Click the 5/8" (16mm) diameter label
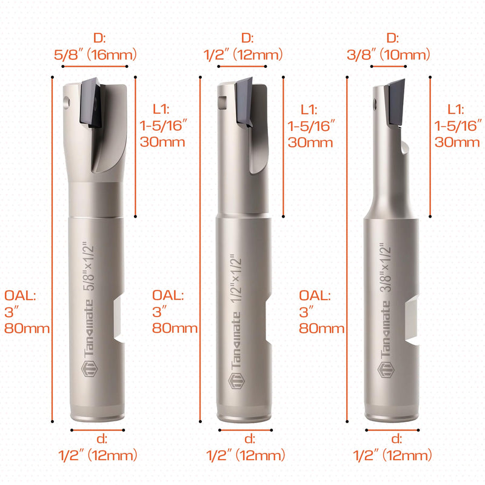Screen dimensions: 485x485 [95, 55]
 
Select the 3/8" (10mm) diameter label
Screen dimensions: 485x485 [389, 55]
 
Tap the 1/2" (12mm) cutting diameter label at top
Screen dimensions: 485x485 [243, 55]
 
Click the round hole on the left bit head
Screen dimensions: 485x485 [67, 102]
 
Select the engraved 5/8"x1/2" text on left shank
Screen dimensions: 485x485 [89, 266]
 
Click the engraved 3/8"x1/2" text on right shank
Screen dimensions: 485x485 [386, 267]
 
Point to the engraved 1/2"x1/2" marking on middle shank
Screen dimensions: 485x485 [236, 278]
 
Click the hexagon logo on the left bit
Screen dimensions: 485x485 [89, 369]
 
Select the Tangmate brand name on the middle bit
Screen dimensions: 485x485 [236, 340]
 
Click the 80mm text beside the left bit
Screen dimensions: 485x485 [27, 328]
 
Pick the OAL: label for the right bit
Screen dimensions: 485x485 [315, 296]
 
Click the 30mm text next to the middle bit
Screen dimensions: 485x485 [310, 142]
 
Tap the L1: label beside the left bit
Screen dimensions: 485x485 [161, 109]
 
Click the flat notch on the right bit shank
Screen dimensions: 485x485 [412, 319]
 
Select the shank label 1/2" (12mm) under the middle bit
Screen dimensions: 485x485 [246, 455]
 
